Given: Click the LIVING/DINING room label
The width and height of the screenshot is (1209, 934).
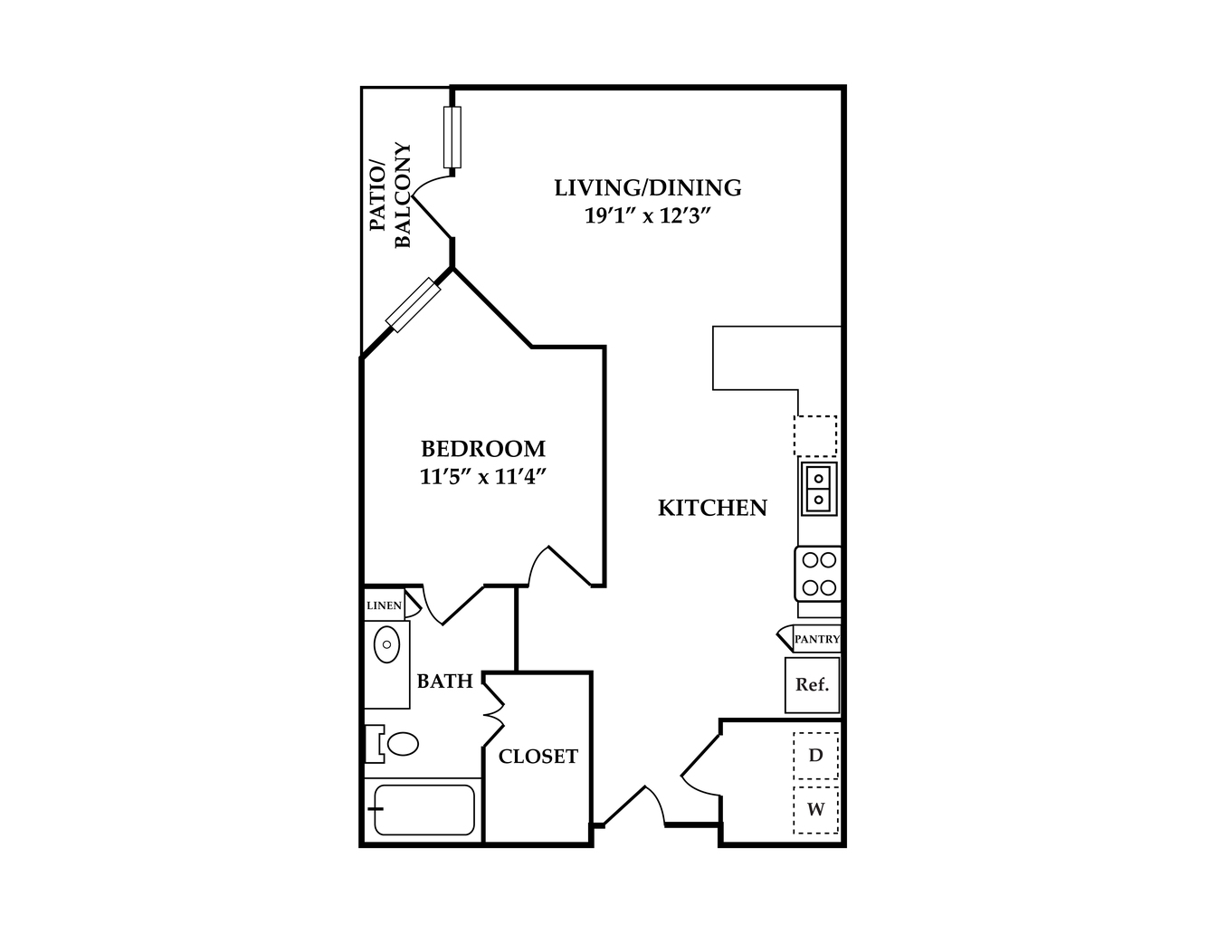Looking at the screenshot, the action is pyautogui.click(x=648, y=188).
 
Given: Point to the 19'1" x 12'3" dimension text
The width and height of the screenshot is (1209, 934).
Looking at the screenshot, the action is pyautogui.click(x=649, y=215).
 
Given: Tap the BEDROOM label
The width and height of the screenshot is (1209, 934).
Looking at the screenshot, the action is pyautogui.click(x=483, y=448).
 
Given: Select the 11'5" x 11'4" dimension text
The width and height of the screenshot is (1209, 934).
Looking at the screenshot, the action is pyautogui.click(x=483, y=477).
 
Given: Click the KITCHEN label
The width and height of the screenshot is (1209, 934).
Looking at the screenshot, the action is pyautogui.click(x=713, y=508).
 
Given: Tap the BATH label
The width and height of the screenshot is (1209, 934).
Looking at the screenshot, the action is pyautogui.click(x=444, y=681).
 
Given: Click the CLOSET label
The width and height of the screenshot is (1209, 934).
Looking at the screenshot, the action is pyautogui.click(x=538, y=757).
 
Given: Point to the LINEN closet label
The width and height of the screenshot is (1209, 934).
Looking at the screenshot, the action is pyautogui.click(x=384, y=605).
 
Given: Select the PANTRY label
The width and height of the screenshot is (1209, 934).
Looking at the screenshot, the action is pyautogui.click(x=817, y=639).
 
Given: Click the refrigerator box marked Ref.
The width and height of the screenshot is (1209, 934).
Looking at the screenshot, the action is pyautogui.click(x=812, y=685).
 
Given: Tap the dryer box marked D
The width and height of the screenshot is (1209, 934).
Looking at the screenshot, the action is pyautogui.click(x=815, y=756).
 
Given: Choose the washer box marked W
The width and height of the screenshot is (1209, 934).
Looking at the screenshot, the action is pyautogui.click(x=815, y=810).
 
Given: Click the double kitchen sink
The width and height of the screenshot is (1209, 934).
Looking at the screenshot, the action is pyautogui.click(x=818, y=489).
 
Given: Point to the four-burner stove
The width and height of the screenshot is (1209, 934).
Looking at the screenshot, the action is pyautogui.click(x=817, y=574).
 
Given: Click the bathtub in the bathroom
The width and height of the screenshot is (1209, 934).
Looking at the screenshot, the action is pyautogui.click(x=424, y=810).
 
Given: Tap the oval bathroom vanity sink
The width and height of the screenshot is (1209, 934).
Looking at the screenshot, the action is pyautogui.click(x=386, y=644).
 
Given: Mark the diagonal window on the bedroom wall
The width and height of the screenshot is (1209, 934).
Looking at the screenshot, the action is pyautogui.click(x=414, y=305).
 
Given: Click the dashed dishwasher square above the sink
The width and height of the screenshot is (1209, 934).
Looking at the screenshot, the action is pyautogui.click(x=815, y=436).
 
